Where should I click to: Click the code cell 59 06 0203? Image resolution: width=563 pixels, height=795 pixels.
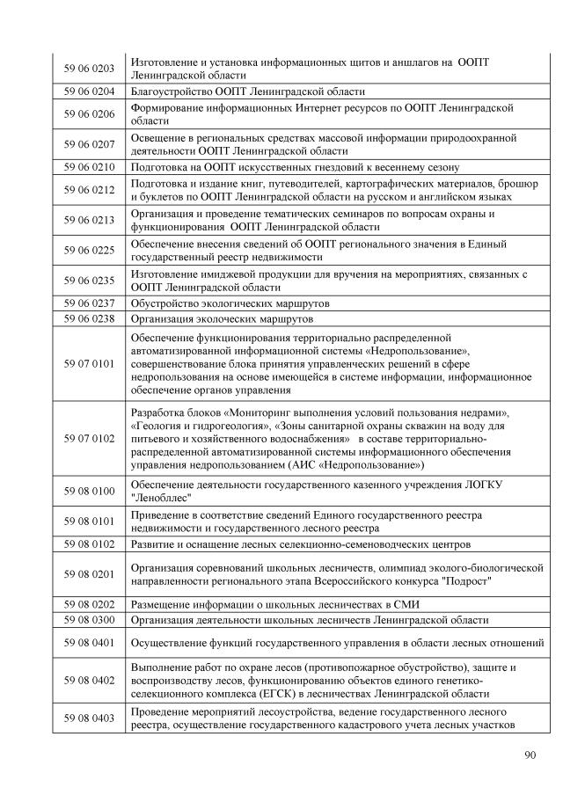pyautogui.click(x=91, y=68)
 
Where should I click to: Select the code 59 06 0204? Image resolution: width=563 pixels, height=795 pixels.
pyautogui.click(x=91, y=91)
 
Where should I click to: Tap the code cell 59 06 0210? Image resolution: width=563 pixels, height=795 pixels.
pyautogui.click(x=91, y=165)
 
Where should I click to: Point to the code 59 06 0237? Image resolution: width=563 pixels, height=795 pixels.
pyautogui.click(x=91, y=303)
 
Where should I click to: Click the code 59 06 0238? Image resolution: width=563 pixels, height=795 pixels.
pyautogui.click(x=91, y=318)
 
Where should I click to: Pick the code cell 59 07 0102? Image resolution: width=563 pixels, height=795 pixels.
pyautogui.click(x=91, y=437)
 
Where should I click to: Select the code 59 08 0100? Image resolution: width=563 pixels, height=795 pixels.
pyautogui.click(x=91, y=490)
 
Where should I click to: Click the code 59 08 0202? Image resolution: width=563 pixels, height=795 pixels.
pyautogui.click(x=91, y=604)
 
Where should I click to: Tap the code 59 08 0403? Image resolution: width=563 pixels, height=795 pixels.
pyautogui.click(x=91, y=718)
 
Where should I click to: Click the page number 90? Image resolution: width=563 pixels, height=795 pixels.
pyautogui.click(x=530, y=754)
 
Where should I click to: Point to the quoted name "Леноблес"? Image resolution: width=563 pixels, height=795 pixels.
pyautogui.click(x=160, y=497)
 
